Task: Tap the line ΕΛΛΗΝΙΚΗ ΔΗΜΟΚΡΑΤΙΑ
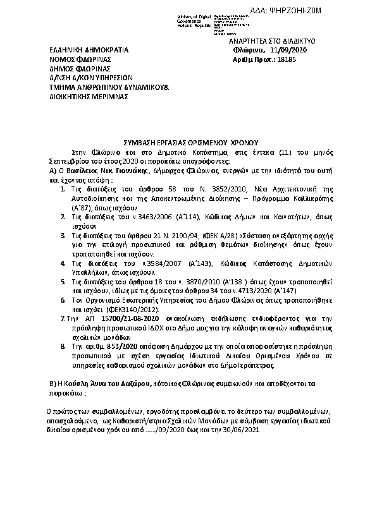(x=89, y=50)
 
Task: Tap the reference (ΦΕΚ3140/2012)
(x=117, y=311)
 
